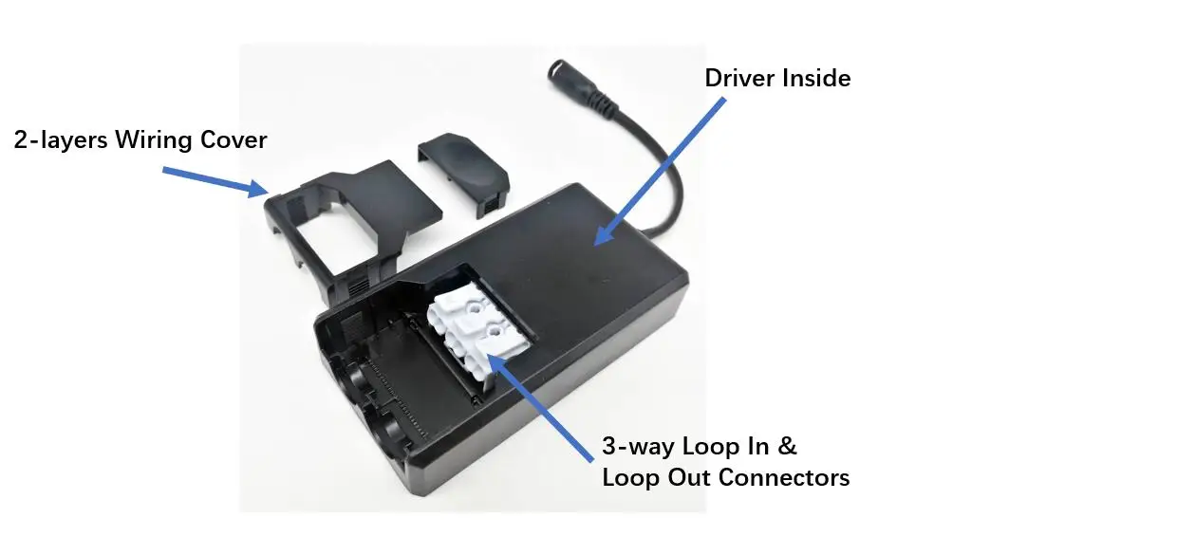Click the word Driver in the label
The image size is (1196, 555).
coord(738,78)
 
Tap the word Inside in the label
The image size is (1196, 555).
coord(815,78)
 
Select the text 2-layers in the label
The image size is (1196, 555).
coord(60,140)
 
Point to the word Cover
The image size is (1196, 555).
coord(234,140)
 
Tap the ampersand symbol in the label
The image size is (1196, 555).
coord(788,447)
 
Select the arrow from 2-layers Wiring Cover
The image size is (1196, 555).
coord(214,181)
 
